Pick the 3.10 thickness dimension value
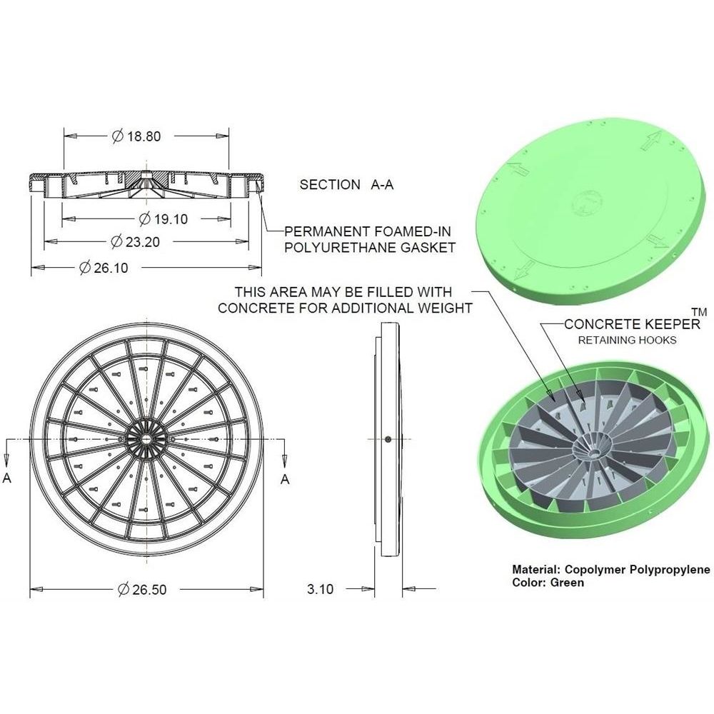pyautogui.click(x=320, y=589)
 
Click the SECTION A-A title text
pyautogui.click(x=346, y=184)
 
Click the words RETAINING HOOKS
pyautogui.click(x=627, y=340)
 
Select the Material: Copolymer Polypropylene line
pyautogui.click(x=611, y=570)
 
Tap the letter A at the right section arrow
pyautogui.click(x=285, y=479)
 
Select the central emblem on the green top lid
pyautogui.click(x=586, y=203)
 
